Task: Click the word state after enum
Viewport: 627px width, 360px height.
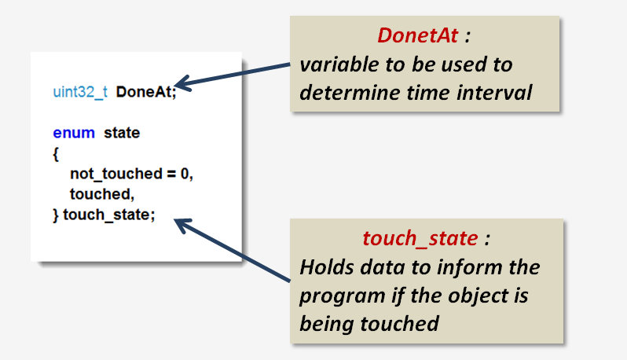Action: point(122,133)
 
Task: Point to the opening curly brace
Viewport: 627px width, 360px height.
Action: point(56,153)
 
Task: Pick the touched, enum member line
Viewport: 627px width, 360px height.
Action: point(96,194)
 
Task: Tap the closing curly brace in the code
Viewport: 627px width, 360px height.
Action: point(56,215)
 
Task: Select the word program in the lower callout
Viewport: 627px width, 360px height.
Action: point(336,296)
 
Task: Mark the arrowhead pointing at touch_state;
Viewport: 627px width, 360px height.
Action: point(181,226)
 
